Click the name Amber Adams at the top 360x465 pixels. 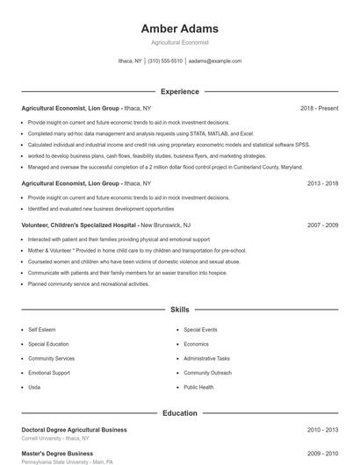tap(179, 28)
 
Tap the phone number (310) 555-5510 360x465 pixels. tap(165, 61)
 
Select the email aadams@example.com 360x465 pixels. tap(215, 61)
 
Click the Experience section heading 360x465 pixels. tap(179, 91)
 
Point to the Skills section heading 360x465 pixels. tap(179, 310)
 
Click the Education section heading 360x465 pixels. tap(179, 412)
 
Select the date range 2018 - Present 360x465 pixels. tap(319, 108)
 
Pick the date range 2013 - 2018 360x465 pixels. tap(322, 183)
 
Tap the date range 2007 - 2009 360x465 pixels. tap(322, 225)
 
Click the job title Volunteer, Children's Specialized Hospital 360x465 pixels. tap(78, 225)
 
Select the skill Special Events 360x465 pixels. tap(200, 329)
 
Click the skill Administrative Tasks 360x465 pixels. tap(206, 358)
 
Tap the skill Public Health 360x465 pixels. tap(198, 387)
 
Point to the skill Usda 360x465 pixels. tap(34, 387)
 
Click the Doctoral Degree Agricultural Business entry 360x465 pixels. tap(74, 430)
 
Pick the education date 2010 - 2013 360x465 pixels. tap(322, 430)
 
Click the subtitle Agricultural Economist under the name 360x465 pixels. tap(179, 42)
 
